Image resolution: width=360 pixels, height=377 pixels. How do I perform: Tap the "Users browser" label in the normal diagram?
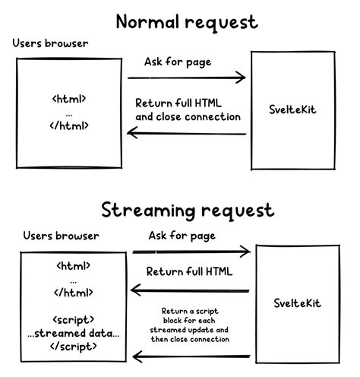(50, 43)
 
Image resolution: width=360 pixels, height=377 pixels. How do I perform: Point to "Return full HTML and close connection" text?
(188, 110)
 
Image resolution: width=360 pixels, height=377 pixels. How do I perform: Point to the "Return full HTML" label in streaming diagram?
(190, 271)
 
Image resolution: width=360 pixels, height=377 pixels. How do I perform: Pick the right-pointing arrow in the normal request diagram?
(187, 78)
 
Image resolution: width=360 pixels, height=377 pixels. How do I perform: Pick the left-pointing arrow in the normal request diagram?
(187, 134)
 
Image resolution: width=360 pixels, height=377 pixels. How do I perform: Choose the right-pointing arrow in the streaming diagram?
(191, 252)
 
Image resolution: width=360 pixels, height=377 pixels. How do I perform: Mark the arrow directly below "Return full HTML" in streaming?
(191, 290)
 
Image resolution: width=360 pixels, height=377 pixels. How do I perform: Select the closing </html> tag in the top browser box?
(69, 124)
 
